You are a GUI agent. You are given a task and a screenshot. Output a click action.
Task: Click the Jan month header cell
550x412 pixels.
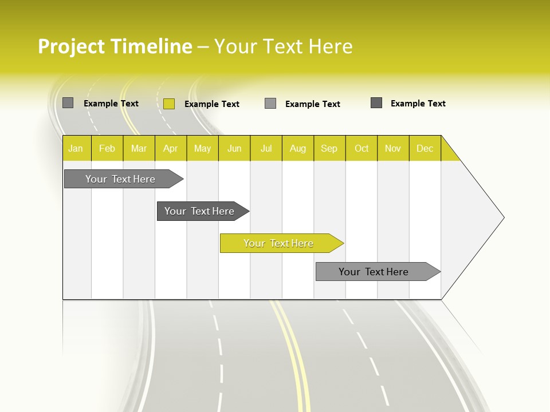coord(76,148)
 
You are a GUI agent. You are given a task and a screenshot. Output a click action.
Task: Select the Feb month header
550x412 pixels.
coord(107,148)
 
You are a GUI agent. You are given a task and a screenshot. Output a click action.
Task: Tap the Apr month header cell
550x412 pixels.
coord(171,148)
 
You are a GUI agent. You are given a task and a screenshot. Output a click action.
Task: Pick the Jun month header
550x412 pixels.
coord(234,148)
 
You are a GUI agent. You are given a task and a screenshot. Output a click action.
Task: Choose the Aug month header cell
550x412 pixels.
coord(298,148)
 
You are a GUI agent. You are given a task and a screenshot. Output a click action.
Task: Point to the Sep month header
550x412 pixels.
coord(329,148)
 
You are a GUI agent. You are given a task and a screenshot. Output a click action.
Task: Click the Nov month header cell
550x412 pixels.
coord(393,148)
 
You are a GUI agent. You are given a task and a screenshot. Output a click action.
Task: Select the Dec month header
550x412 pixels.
coord(425,148)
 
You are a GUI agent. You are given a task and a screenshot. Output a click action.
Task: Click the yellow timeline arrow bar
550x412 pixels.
coord(281,243)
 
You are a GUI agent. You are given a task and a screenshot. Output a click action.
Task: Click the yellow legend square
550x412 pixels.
coord(169,104)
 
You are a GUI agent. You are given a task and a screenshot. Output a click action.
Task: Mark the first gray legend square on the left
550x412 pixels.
coord(68,103)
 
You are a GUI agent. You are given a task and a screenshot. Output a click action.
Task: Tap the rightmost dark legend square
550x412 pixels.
coord(376,103)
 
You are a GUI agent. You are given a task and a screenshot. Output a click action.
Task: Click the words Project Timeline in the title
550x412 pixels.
coord(115,46)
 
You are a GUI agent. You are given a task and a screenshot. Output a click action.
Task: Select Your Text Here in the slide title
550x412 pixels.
coord(284,46)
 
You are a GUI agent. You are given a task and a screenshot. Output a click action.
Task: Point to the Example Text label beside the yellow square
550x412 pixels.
coord(212,104)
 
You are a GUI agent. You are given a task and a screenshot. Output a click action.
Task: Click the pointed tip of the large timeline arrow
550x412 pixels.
coord(502,217)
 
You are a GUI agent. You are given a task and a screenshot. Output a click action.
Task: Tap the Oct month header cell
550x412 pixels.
coord(362,148)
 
